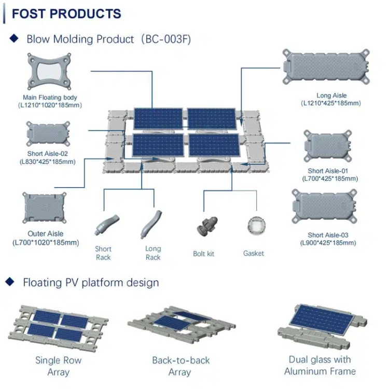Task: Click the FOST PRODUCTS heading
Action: pos(66,13)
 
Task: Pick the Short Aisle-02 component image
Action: pos(48,134)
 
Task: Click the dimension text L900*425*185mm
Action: pos(328,243)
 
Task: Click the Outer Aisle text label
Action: pos(46,234)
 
